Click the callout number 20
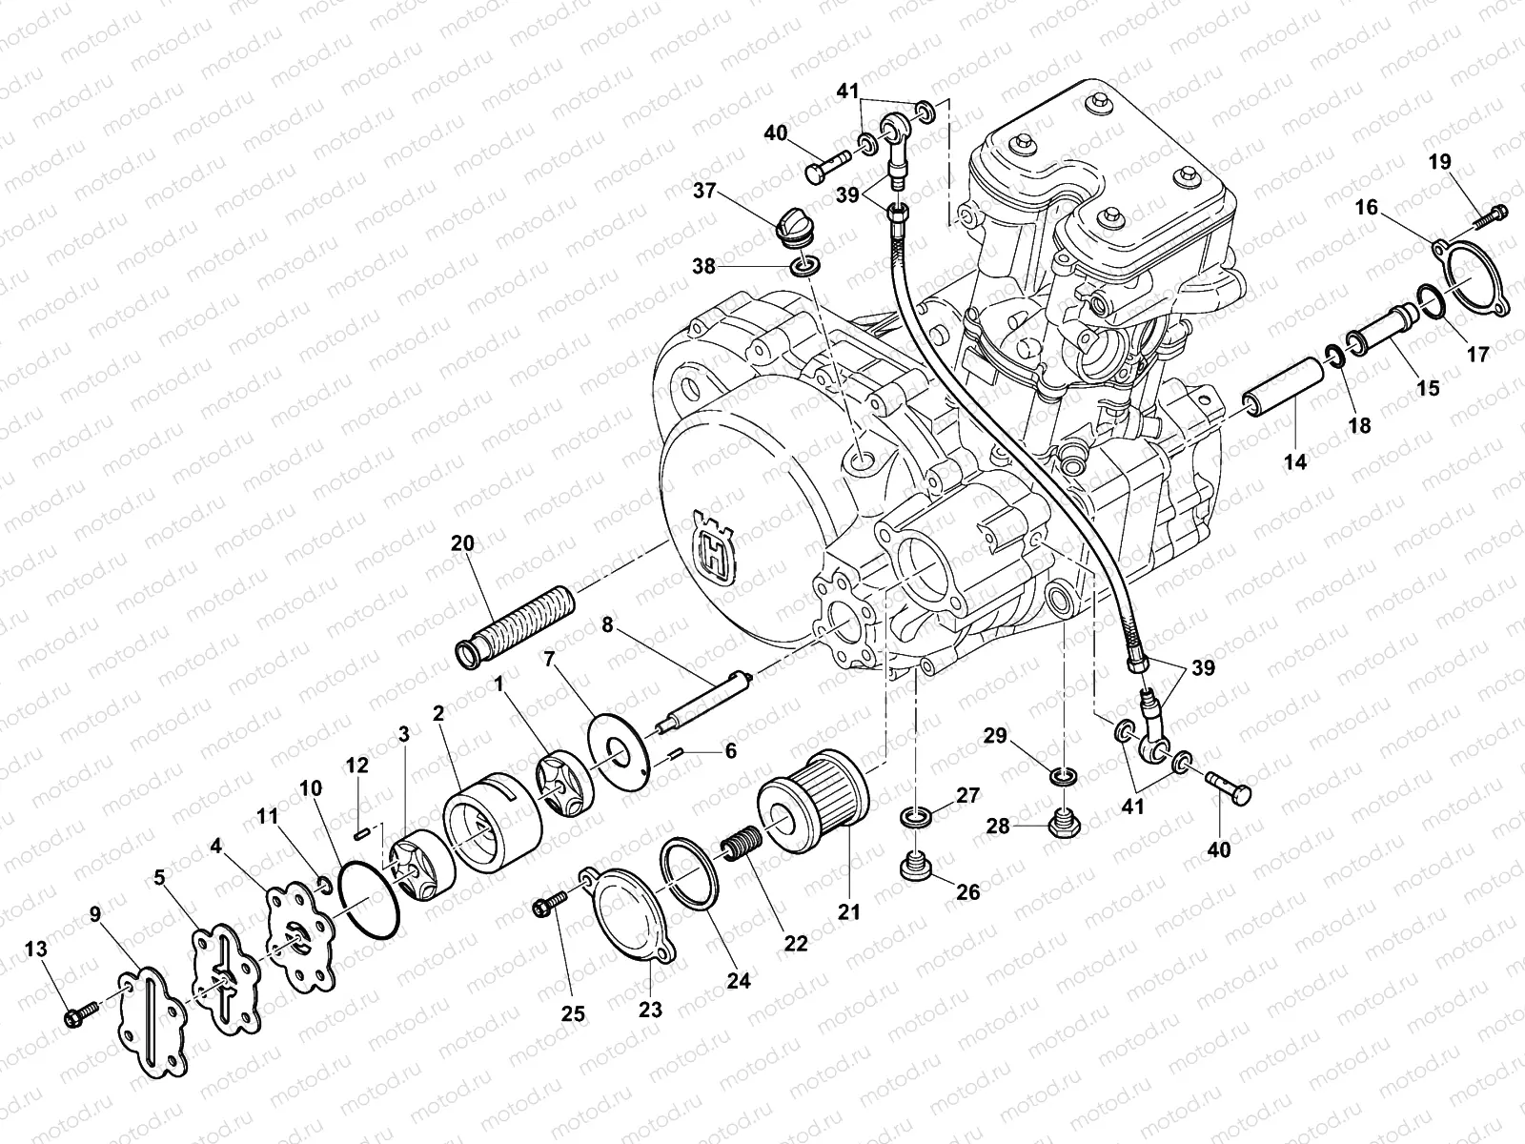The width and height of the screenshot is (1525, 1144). tap(461, 542)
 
